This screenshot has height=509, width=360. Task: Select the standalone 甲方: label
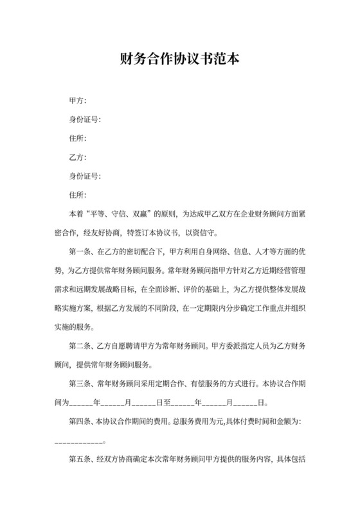pyautogui.click(x=77, y=101)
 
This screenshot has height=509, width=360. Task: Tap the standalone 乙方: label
pyautogui.click(x=77, y=157)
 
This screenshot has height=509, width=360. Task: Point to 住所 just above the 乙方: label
pyautogui.click(x=77, y=138)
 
